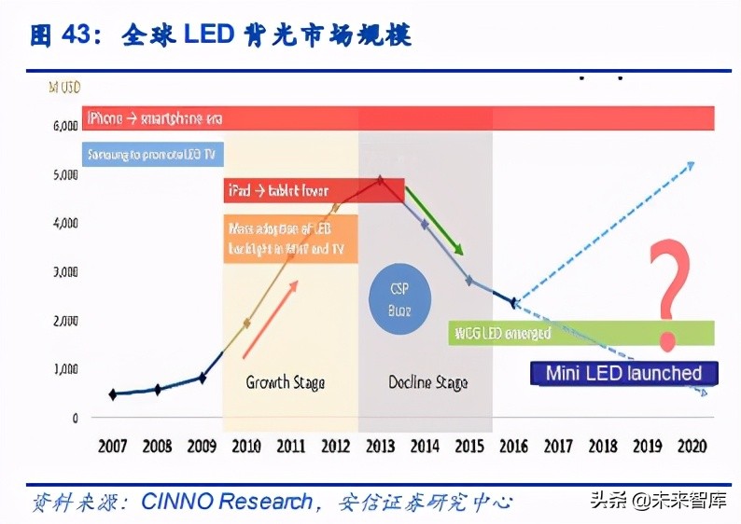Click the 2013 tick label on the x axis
[380, 446]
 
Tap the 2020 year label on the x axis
[690, 446]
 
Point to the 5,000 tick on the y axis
[63, 174]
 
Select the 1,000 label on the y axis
[63, 369]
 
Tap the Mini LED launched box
[623, 374]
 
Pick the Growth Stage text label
[286, 382]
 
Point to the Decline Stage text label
[427, 382]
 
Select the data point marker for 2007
[113, 394]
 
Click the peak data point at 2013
[380, 181]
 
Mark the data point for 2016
[514, 303]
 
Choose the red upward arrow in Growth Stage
[272, 317]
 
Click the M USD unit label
[64, 89]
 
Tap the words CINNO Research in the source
[227, 502]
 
